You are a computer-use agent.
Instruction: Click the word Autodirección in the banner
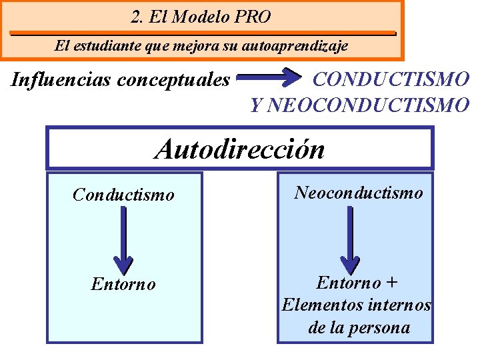[x=240, y=149]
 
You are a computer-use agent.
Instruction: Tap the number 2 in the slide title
[x=136, y=17]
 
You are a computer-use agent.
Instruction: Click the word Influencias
[x=61, y=80]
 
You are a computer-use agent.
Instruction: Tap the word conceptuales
[x=173, y=80]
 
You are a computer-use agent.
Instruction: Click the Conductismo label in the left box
[x=123, y=195]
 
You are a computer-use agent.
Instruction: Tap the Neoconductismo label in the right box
[x=359, y=193]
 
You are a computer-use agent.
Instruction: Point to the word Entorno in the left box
[x=123, y=285]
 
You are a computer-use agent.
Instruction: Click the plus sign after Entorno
[x=393, y=283]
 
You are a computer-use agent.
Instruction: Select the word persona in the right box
[x=381, y=328]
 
